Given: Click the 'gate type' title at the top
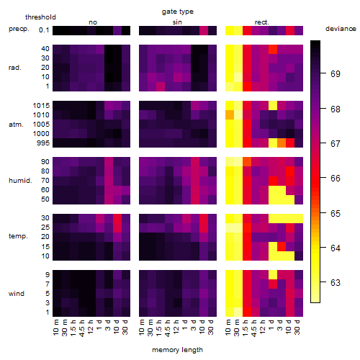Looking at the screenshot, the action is click(x=178, y=12).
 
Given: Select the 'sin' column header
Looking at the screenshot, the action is click(x=177, y=22).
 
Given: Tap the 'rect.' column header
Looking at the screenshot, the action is click(x=261, y=22).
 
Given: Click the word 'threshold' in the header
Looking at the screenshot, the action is click(x=40, y=17).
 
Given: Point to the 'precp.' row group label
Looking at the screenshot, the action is click(x=19, y=29).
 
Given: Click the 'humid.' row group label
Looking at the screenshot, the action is click(x=20, y=180).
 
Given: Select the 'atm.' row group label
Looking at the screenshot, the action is click(x=16, y=125).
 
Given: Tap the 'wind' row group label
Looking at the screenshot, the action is click(x=17, y=294).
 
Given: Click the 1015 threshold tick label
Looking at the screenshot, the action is click(x=41, y=106).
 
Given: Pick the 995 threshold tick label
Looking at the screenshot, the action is click(x=43, y=143).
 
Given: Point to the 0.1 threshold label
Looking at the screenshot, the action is click(x=44, y=30).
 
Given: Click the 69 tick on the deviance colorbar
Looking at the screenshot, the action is click(x=336, y=74).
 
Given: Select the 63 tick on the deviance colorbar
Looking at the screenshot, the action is click(x=336, y=283).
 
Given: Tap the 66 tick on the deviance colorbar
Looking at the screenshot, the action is click(x=336, y=179).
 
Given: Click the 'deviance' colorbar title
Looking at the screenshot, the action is click(x=341, y=29).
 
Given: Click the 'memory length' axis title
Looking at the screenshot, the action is click(x=177, y=350).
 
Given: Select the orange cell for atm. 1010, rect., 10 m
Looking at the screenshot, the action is click(x=230, y=114).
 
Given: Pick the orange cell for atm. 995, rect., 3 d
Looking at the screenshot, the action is click(x=282, y=143).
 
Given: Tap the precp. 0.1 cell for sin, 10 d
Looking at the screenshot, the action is click(x=204, y=31).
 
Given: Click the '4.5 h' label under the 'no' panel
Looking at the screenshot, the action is click(x=82, y=328).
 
